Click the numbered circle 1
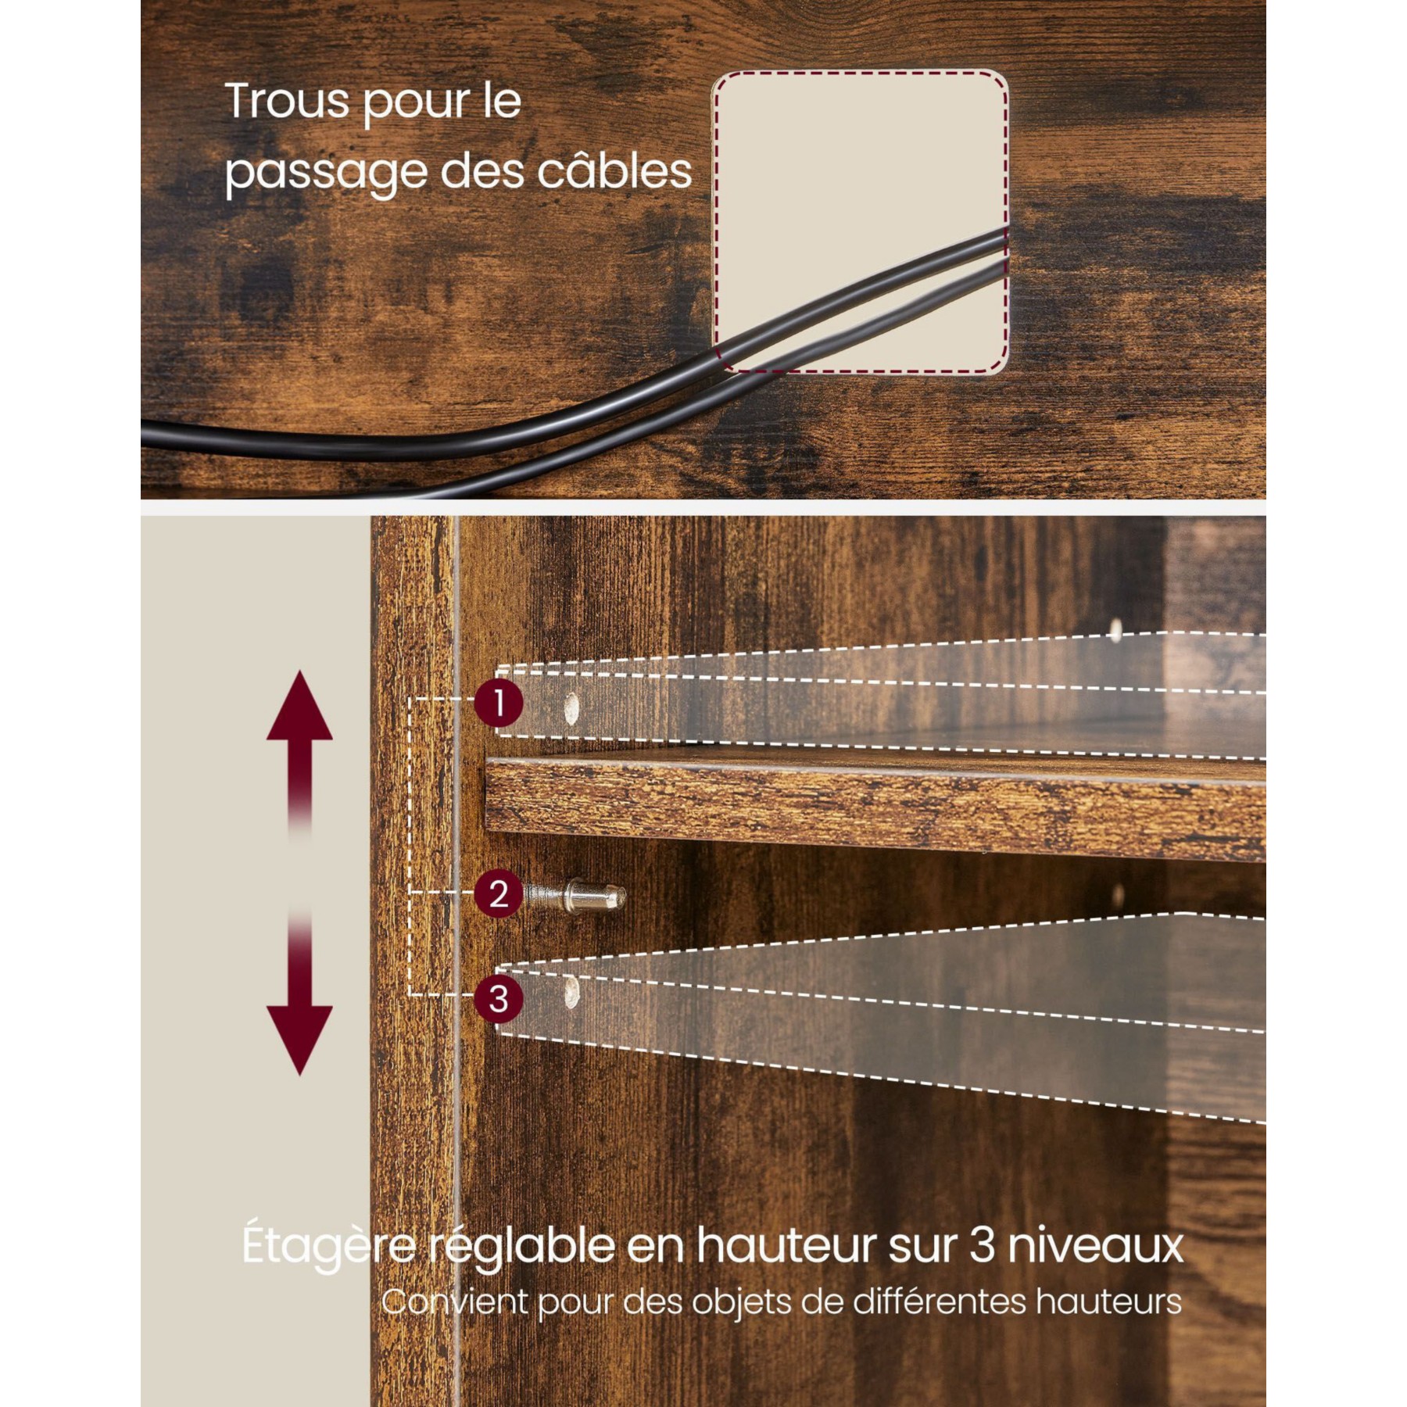499,703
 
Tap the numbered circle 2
499,893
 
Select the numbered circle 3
499,998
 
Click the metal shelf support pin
575,894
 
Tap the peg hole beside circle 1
573,707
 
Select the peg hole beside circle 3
573,990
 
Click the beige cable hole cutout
861,221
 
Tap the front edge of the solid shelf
875,810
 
